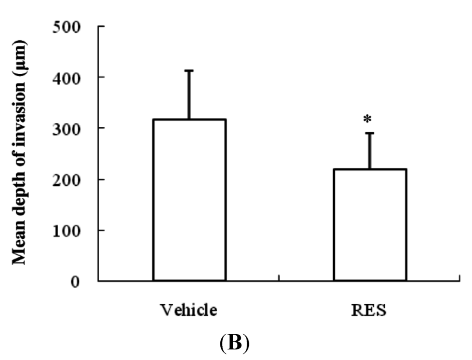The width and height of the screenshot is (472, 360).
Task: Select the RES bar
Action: (x=370, y=224)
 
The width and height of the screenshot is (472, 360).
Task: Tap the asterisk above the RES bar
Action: (x=367, y=120)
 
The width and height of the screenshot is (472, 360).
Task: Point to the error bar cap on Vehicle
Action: (x=189, y=71)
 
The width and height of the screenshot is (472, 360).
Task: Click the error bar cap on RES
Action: (x=370, y=133)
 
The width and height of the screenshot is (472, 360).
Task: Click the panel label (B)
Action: (x=235, y=344)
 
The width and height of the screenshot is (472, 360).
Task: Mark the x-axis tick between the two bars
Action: (x=279, y=278)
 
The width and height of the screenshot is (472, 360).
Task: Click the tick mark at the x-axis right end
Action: (x=460, y=278)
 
